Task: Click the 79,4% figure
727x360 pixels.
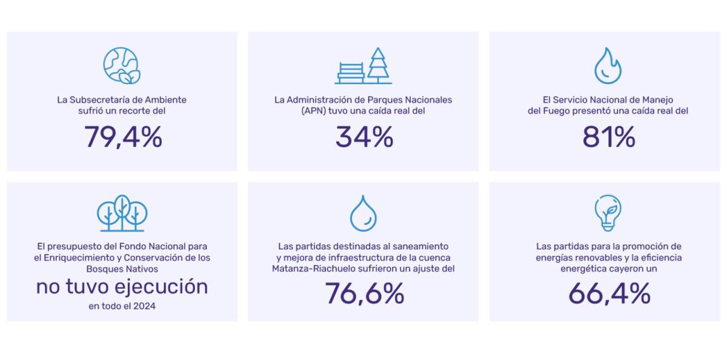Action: (123, 137)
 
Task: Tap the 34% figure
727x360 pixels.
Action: (364, 137)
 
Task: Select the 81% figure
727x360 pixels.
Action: (608, 137)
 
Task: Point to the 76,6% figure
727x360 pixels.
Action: (364, 294)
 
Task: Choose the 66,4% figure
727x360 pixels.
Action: (609, 294)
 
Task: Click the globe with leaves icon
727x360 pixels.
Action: (122, 65)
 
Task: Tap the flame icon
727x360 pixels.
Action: (608, 65)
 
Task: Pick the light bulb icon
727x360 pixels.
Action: (608, 213)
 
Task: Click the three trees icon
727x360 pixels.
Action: (122, 213)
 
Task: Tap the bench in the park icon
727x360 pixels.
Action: (351, 72)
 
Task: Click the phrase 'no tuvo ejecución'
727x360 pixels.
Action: (122, 286)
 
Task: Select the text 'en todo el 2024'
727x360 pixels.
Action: (122, 306)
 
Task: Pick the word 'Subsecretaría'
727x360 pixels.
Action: (96, 100)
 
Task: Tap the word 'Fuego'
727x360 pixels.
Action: (554, 111)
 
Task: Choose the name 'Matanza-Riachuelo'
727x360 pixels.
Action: (308, 268)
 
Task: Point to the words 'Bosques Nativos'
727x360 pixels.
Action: (122, 268)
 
